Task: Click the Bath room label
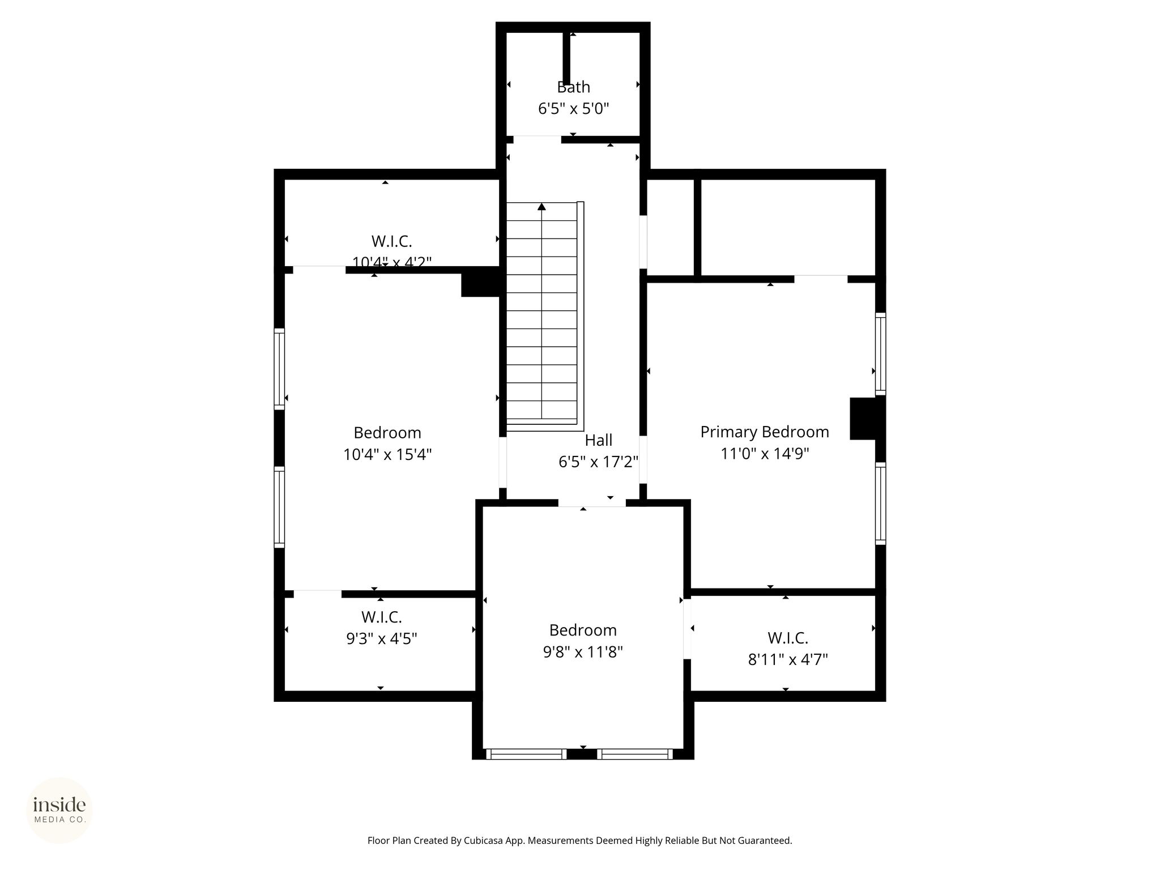(573, 87)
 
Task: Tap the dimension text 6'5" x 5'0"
(573, 109)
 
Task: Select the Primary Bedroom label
(765, 432)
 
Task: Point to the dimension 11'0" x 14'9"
(765, 454)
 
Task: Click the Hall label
(599, 440)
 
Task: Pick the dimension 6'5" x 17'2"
(599, 462)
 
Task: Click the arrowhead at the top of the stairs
(541, 207)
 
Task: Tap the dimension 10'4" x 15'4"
(387, 455)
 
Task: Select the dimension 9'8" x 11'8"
(583, 652)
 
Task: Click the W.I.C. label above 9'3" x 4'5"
(381, 617)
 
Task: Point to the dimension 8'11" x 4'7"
(788, 660)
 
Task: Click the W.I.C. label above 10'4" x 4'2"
(391, 241)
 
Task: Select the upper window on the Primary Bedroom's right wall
(881, 353)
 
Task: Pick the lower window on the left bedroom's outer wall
(279, 507)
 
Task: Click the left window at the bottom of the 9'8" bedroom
(526, 754)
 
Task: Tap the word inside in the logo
(59, 805)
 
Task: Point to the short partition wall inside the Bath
(566, 58)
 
